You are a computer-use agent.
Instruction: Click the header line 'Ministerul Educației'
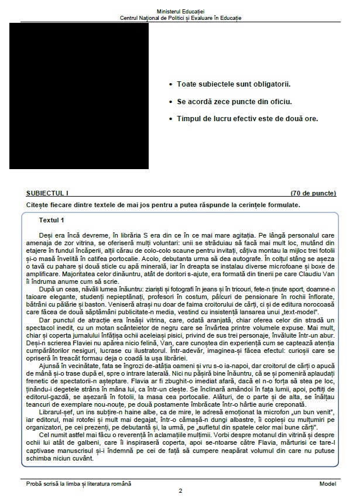coord(180,12)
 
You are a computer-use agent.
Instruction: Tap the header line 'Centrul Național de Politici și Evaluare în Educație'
coord(180,18)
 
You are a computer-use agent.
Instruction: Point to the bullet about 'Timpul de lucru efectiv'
coord(247,118)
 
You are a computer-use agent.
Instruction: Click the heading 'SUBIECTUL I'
coord(47,193)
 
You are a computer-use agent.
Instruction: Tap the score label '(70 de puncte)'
coord(313,193)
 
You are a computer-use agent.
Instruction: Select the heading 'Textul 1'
coord(52,220)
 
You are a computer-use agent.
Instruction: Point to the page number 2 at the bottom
coord(180,491)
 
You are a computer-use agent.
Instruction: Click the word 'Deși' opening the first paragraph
coord(44,235)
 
